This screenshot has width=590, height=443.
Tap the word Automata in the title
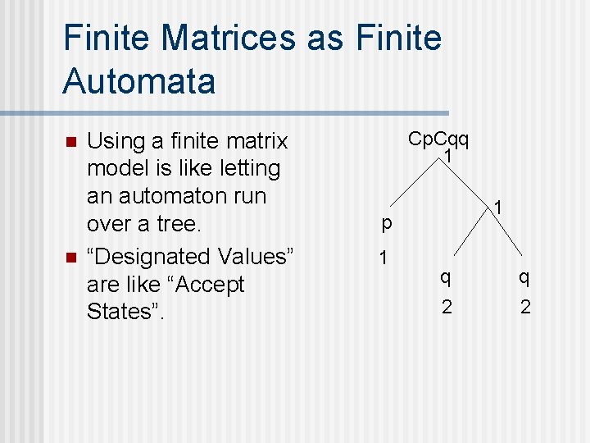(x=138, y=81)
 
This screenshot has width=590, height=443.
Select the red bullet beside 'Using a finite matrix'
(x=71, y=142)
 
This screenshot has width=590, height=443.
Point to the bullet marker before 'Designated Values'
(x=71, y=258)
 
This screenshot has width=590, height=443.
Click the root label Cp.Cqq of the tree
(x=438, y=139)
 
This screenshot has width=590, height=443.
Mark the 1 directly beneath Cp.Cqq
(x=448, y=154)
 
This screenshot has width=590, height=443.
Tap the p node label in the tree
(x=386, y=221)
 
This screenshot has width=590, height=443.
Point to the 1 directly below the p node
(x=383, y=258)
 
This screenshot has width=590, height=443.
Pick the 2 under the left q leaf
(x=446, y=307)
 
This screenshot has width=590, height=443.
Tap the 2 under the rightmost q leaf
(x=525, y=307)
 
